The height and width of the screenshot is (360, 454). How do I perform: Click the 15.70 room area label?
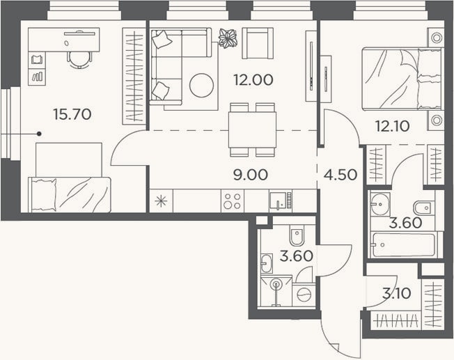coord(72,114)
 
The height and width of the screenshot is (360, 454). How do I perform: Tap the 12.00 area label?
coord(253,80)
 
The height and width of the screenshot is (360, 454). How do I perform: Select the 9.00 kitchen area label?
coord(251,175)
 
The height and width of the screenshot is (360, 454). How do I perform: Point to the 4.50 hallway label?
coord(340,175)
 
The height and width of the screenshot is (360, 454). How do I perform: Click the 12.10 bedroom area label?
coord(392,126)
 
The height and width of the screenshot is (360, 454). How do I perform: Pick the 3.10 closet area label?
coord(396,293)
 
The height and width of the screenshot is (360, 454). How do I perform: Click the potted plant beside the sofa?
coord(228,38)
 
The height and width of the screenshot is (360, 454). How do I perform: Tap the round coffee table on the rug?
coord(201,85)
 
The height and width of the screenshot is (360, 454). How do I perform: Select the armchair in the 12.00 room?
coord(258,43)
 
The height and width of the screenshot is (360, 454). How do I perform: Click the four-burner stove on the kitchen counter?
coord(233,201)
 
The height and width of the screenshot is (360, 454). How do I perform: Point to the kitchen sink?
coord(278,201)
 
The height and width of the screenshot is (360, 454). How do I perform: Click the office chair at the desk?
coord(79,60)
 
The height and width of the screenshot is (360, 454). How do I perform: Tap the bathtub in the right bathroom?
coord(404,244)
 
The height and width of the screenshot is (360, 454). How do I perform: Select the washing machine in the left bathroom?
coord(304,295)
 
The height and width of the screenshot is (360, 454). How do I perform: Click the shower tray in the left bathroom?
coord(276,292)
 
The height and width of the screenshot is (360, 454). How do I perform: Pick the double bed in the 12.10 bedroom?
coord(402,79)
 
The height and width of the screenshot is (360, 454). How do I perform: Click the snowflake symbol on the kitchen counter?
coord(161,201)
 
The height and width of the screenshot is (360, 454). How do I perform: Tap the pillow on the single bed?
coord(44,194)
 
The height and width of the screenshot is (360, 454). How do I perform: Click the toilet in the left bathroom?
coord(297,235)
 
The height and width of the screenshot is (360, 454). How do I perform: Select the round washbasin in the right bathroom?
coord(380,204)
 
